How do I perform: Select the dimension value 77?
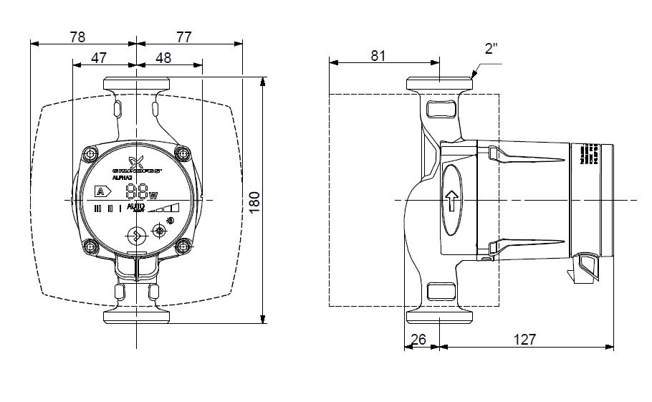click(x=184, y=37)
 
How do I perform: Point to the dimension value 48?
click(x=163, y=58)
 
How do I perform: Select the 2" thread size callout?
click(x=491, y=49)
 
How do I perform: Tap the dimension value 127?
click(x=524, y=340)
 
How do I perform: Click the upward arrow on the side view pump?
click(x=451, y=201)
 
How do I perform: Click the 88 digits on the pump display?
click(x=135, y=192)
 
